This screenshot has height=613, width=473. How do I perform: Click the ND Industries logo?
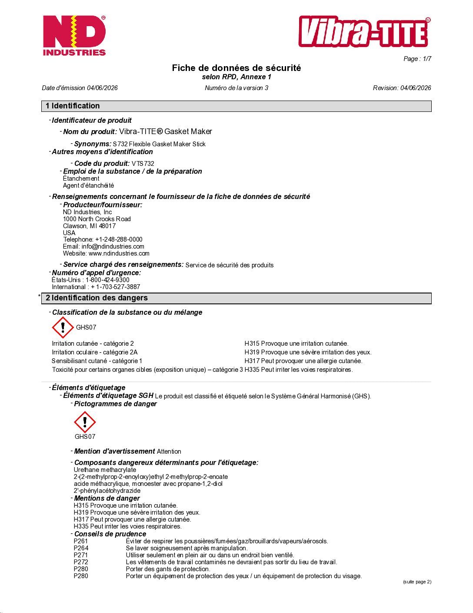click(74, 36)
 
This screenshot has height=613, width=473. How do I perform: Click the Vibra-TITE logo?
click(364, 32)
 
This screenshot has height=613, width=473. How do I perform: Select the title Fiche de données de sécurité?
click(236, 68)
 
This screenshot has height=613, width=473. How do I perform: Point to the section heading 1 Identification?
click(73, 106)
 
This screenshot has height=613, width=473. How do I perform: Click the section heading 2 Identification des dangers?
click(97, 298)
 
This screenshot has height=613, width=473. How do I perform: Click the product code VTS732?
click(143, 164)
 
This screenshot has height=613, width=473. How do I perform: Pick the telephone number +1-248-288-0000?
click(119, 239)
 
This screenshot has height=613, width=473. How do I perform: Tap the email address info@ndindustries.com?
click(113, 246)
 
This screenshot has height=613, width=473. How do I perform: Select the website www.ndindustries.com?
click(119, 253)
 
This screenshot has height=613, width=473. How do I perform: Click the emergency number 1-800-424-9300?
click(107, 280)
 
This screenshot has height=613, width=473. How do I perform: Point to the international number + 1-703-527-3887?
click(115, 287)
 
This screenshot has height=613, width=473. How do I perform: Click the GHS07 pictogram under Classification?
click(63, 327)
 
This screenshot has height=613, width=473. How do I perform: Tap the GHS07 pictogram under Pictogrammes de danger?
click(85, 422)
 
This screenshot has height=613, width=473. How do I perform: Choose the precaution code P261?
click(81, 541)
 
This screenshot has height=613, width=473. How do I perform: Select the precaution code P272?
click(81, 562)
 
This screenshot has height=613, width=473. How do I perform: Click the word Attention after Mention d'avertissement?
click(169, 451)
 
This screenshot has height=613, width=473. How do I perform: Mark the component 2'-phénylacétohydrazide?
click(107, 491)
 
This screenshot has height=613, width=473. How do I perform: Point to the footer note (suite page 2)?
click(417, 582)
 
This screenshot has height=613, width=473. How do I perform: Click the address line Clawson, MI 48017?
click(89, 226)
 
